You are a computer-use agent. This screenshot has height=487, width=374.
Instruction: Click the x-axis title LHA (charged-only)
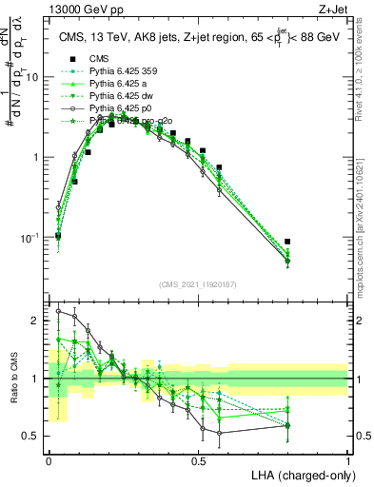[x=302, y=473]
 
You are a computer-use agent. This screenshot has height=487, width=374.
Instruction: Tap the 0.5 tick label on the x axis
[x=198, y=459]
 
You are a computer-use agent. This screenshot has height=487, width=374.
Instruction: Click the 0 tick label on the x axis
[x=49, y=459]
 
